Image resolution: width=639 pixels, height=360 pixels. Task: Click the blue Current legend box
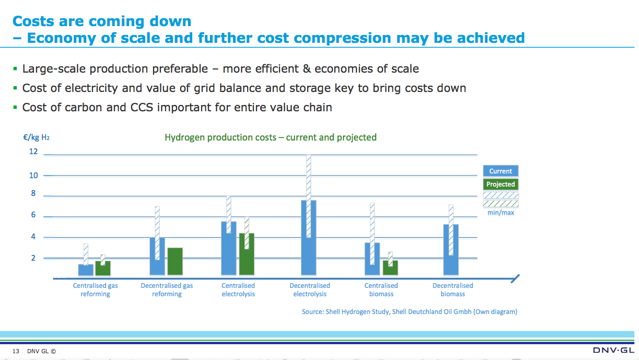point(501,171)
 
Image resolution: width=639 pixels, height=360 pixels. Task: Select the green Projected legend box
point(501,184)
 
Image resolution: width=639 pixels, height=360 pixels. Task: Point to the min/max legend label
point(501,213)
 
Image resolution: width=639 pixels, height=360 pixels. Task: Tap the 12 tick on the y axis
point(33,152)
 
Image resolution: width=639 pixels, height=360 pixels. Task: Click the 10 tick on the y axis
point(33,176)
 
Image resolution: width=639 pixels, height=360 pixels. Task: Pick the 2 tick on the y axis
point(33,258)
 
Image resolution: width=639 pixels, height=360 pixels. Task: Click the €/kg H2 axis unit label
point(37,138)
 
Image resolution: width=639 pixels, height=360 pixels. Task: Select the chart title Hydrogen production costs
point(271,137)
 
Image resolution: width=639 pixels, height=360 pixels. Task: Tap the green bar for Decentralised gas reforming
point(175,261)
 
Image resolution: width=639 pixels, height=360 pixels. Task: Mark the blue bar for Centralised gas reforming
point(86,269)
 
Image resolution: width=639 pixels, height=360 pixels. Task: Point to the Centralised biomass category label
point(381,290)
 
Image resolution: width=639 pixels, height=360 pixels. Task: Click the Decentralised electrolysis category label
point(310,290)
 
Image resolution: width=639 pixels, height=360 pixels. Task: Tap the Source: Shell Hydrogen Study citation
point(410,312)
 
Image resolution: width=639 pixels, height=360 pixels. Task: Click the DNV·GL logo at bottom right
point(613,350)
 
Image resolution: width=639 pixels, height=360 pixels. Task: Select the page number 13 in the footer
point(16,351)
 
